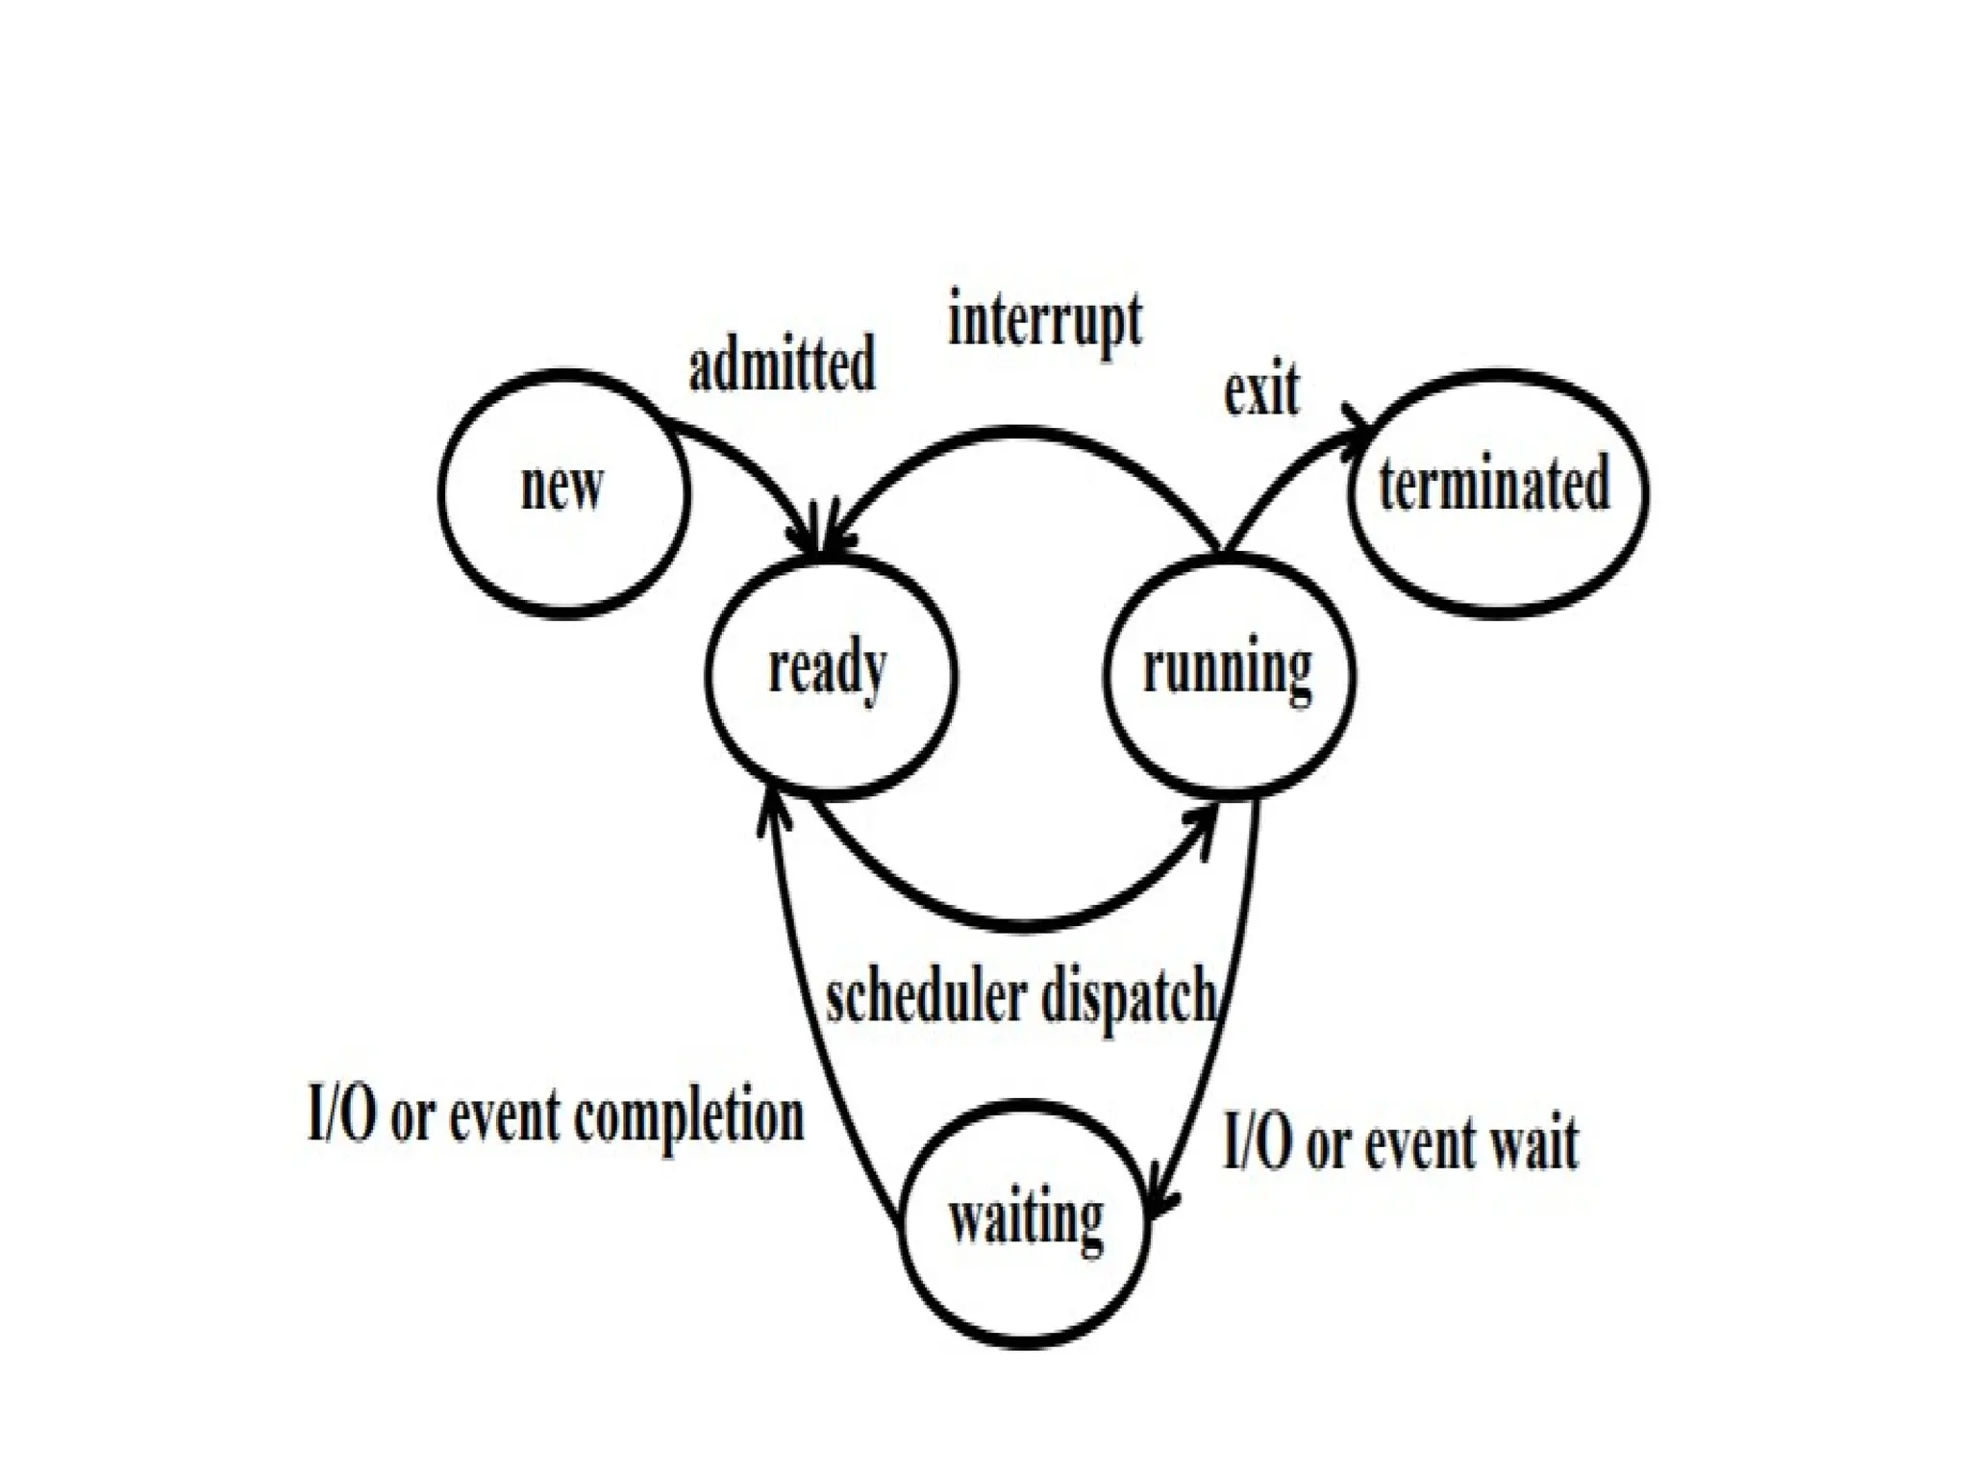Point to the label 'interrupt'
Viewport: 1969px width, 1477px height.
click(1045, 321)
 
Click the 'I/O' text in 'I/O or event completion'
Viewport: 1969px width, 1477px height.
click(341, 1115)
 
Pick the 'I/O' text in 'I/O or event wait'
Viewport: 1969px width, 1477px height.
click(1257, 1144)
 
